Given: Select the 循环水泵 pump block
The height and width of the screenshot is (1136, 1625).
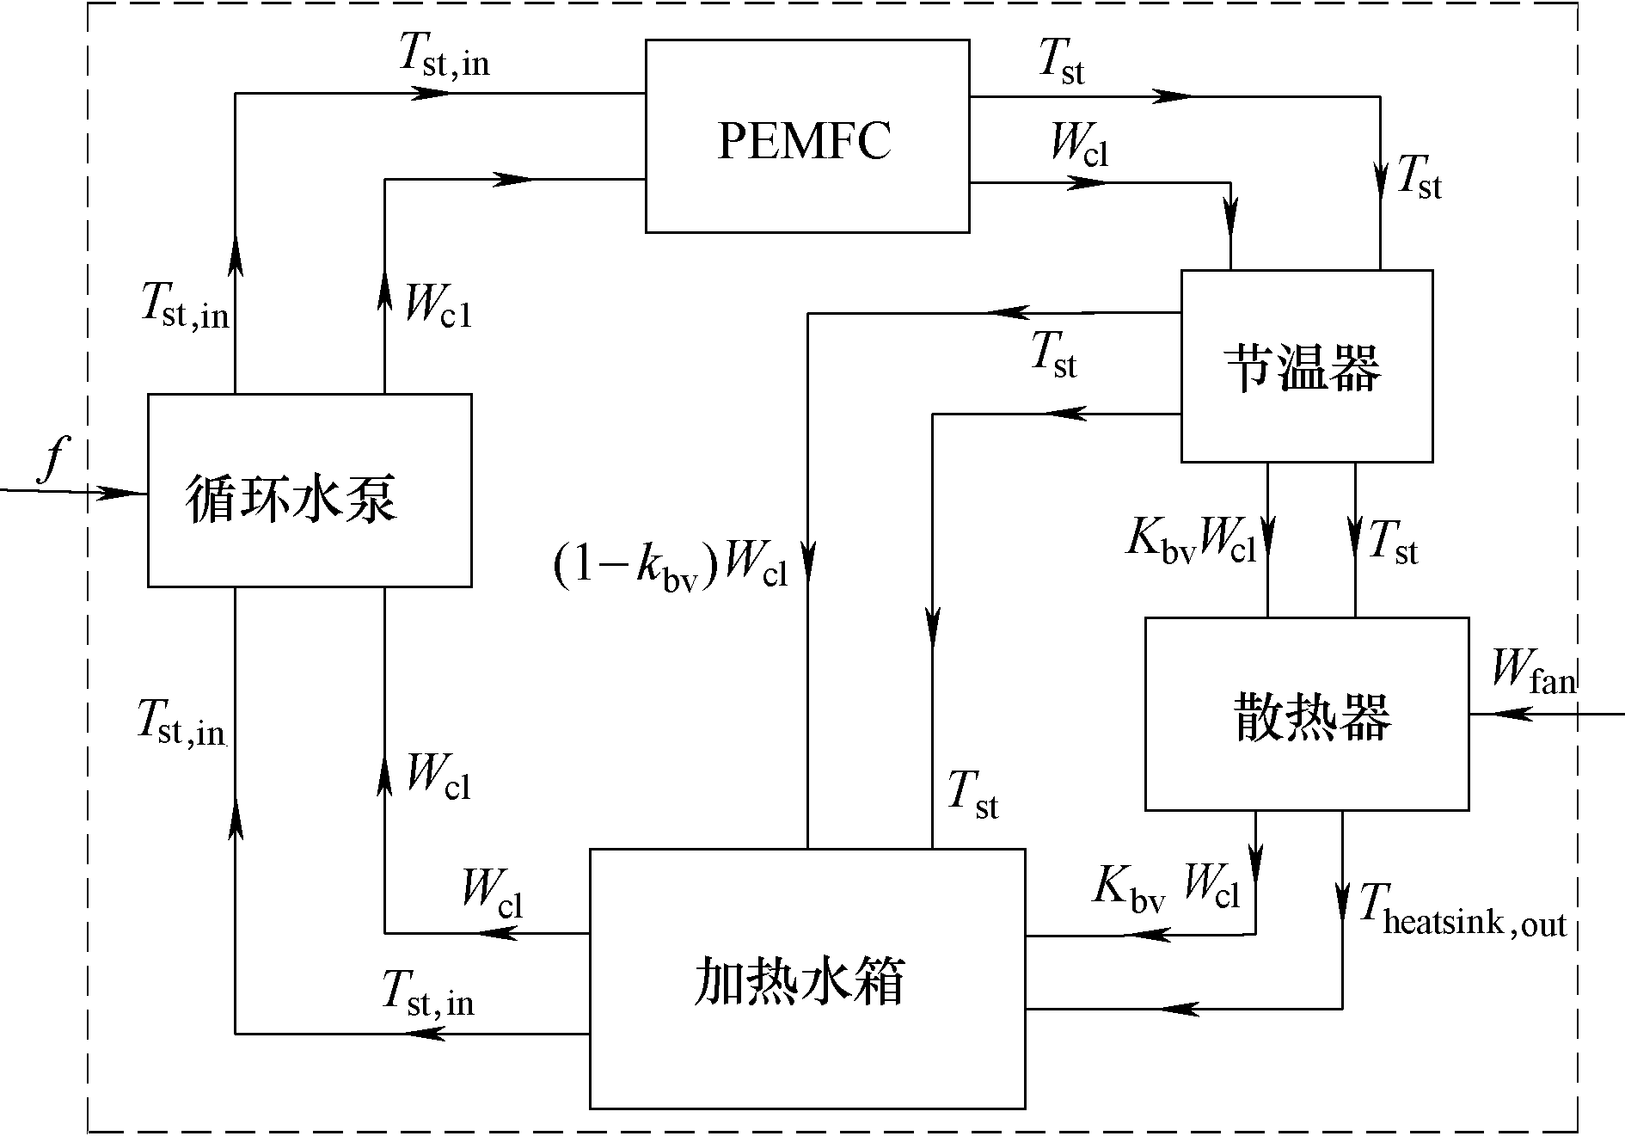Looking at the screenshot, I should [309, 490].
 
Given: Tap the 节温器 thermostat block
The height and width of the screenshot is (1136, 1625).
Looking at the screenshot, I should [1306, 366].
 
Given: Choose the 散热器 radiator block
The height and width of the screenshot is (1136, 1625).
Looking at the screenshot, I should [1306, 714].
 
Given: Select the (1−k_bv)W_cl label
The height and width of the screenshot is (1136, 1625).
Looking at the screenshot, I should [670, 564].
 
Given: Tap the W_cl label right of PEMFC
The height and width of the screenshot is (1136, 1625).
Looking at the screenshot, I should [1080, 144].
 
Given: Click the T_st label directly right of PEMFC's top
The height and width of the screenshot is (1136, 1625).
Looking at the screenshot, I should [1063, 62].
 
